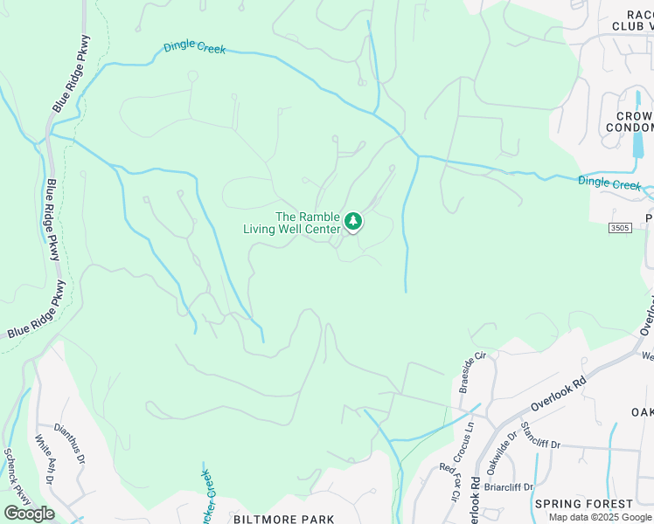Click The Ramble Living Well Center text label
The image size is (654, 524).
click(x=296, y=223)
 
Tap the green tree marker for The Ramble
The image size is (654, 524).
click(x=353, y=222)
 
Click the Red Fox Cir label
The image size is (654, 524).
click(x=449, y=482)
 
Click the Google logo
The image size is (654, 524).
click(x=29, y=514)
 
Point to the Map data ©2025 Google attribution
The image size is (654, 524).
click(x=600, y=517)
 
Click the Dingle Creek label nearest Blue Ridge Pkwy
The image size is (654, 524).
click(x=194, y=49)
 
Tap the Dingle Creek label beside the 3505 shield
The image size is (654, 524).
click(x=609, y=183)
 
